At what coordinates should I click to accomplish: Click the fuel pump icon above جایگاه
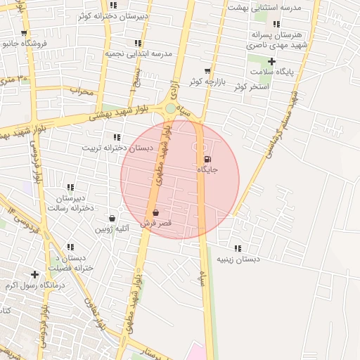[x=207, y=159]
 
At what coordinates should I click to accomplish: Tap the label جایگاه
[x=207, y=169]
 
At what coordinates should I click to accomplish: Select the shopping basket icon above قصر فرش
[x=155, y=212]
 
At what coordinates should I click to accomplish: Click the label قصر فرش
[x=156, y=222]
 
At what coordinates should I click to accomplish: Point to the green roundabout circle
[x=170, y=108]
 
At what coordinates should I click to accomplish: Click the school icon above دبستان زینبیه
[x=238, y=248]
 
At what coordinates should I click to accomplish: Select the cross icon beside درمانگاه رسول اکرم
[x=34, y=274]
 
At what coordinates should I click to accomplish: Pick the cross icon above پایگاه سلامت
[x=271, y=62]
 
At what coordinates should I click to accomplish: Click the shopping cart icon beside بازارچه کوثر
[x=207, y=71]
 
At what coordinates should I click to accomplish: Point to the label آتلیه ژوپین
[x=112, y=229]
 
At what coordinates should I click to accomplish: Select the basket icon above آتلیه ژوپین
[x=112, y=218]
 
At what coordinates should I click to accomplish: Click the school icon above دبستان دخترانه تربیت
[x=116, y=137]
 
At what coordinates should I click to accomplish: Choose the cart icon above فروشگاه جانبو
[x=25, y=33]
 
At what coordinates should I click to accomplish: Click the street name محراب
[x=81, y=91]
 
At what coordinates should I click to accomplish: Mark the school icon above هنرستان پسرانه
[x=276, y=24]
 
